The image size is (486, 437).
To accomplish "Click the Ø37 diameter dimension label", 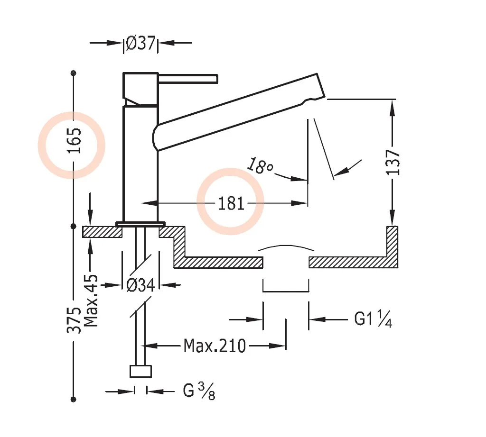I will [x=140, y=44].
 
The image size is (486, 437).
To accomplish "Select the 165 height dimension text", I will [x=74, y=141].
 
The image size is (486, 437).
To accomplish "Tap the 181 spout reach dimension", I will [x=231, y=203].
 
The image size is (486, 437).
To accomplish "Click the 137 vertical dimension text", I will [x=393, y=162].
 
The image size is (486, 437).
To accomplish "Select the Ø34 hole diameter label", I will [x=141, y=285].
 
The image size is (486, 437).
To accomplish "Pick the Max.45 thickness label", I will [x=91, y=300].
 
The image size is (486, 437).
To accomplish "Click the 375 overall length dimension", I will [x=74, y=320].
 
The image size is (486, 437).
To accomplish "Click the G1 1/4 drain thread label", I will [x=373, y=320].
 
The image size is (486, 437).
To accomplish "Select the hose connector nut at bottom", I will [x=140, y=371].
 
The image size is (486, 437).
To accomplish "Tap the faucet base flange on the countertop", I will [x=140, y=223].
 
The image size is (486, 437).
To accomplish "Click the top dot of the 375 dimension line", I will [x=73, y=73].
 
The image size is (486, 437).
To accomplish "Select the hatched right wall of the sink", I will [x=392, y=246].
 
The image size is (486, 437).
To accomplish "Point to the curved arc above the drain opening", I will [x=286, y=247].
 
